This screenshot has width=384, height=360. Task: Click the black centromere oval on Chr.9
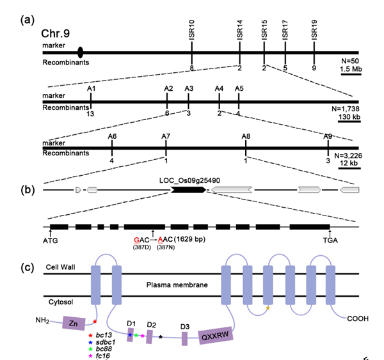click(x=79, y=52)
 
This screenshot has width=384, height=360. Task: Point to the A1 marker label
click(x=92, y=88)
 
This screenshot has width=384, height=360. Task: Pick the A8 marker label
click(x=246, y=136)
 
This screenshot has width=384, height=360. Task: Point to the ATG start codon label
click(x=50, y=241)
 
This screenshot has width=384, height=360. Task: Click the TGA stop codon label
click(x=330, y=241)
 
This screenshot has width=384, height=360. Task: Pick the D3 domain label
click(x=184, y=327)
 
